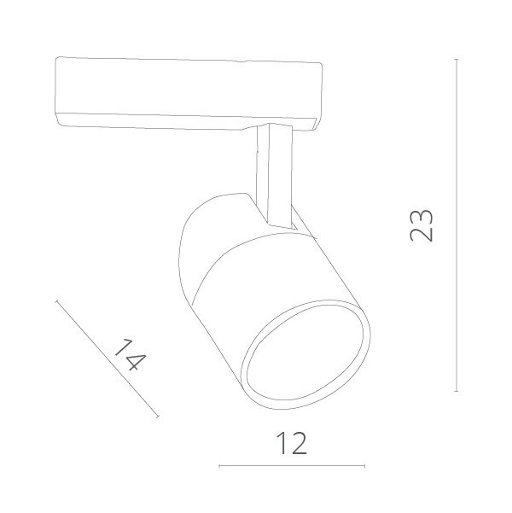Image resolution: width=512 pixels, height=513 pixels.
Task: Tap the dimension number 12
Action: (x=293, y=444)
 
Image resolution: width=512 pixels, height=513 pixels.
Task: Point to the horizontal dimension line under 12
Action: (x=293, y=465)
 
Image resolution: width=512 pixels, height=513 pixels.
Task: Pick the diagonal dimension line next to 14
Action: (x=107, y=359)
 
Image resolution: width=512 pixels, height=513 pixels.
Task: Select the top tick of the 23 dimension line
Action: (x=457, y=59)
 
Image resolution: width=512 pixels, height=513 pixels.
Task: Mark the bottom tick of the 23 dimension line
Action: (x=457, y=390)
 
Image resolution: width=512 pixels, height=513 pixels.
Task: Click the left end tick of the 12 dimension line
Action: (x=219, y=465)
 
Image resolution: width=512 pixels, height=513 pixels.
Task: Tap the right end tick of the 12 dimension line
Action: (x=366, y=465)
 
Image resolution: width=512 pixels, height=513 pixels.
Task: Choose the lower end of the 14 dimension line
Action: (x=158, y=417)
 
